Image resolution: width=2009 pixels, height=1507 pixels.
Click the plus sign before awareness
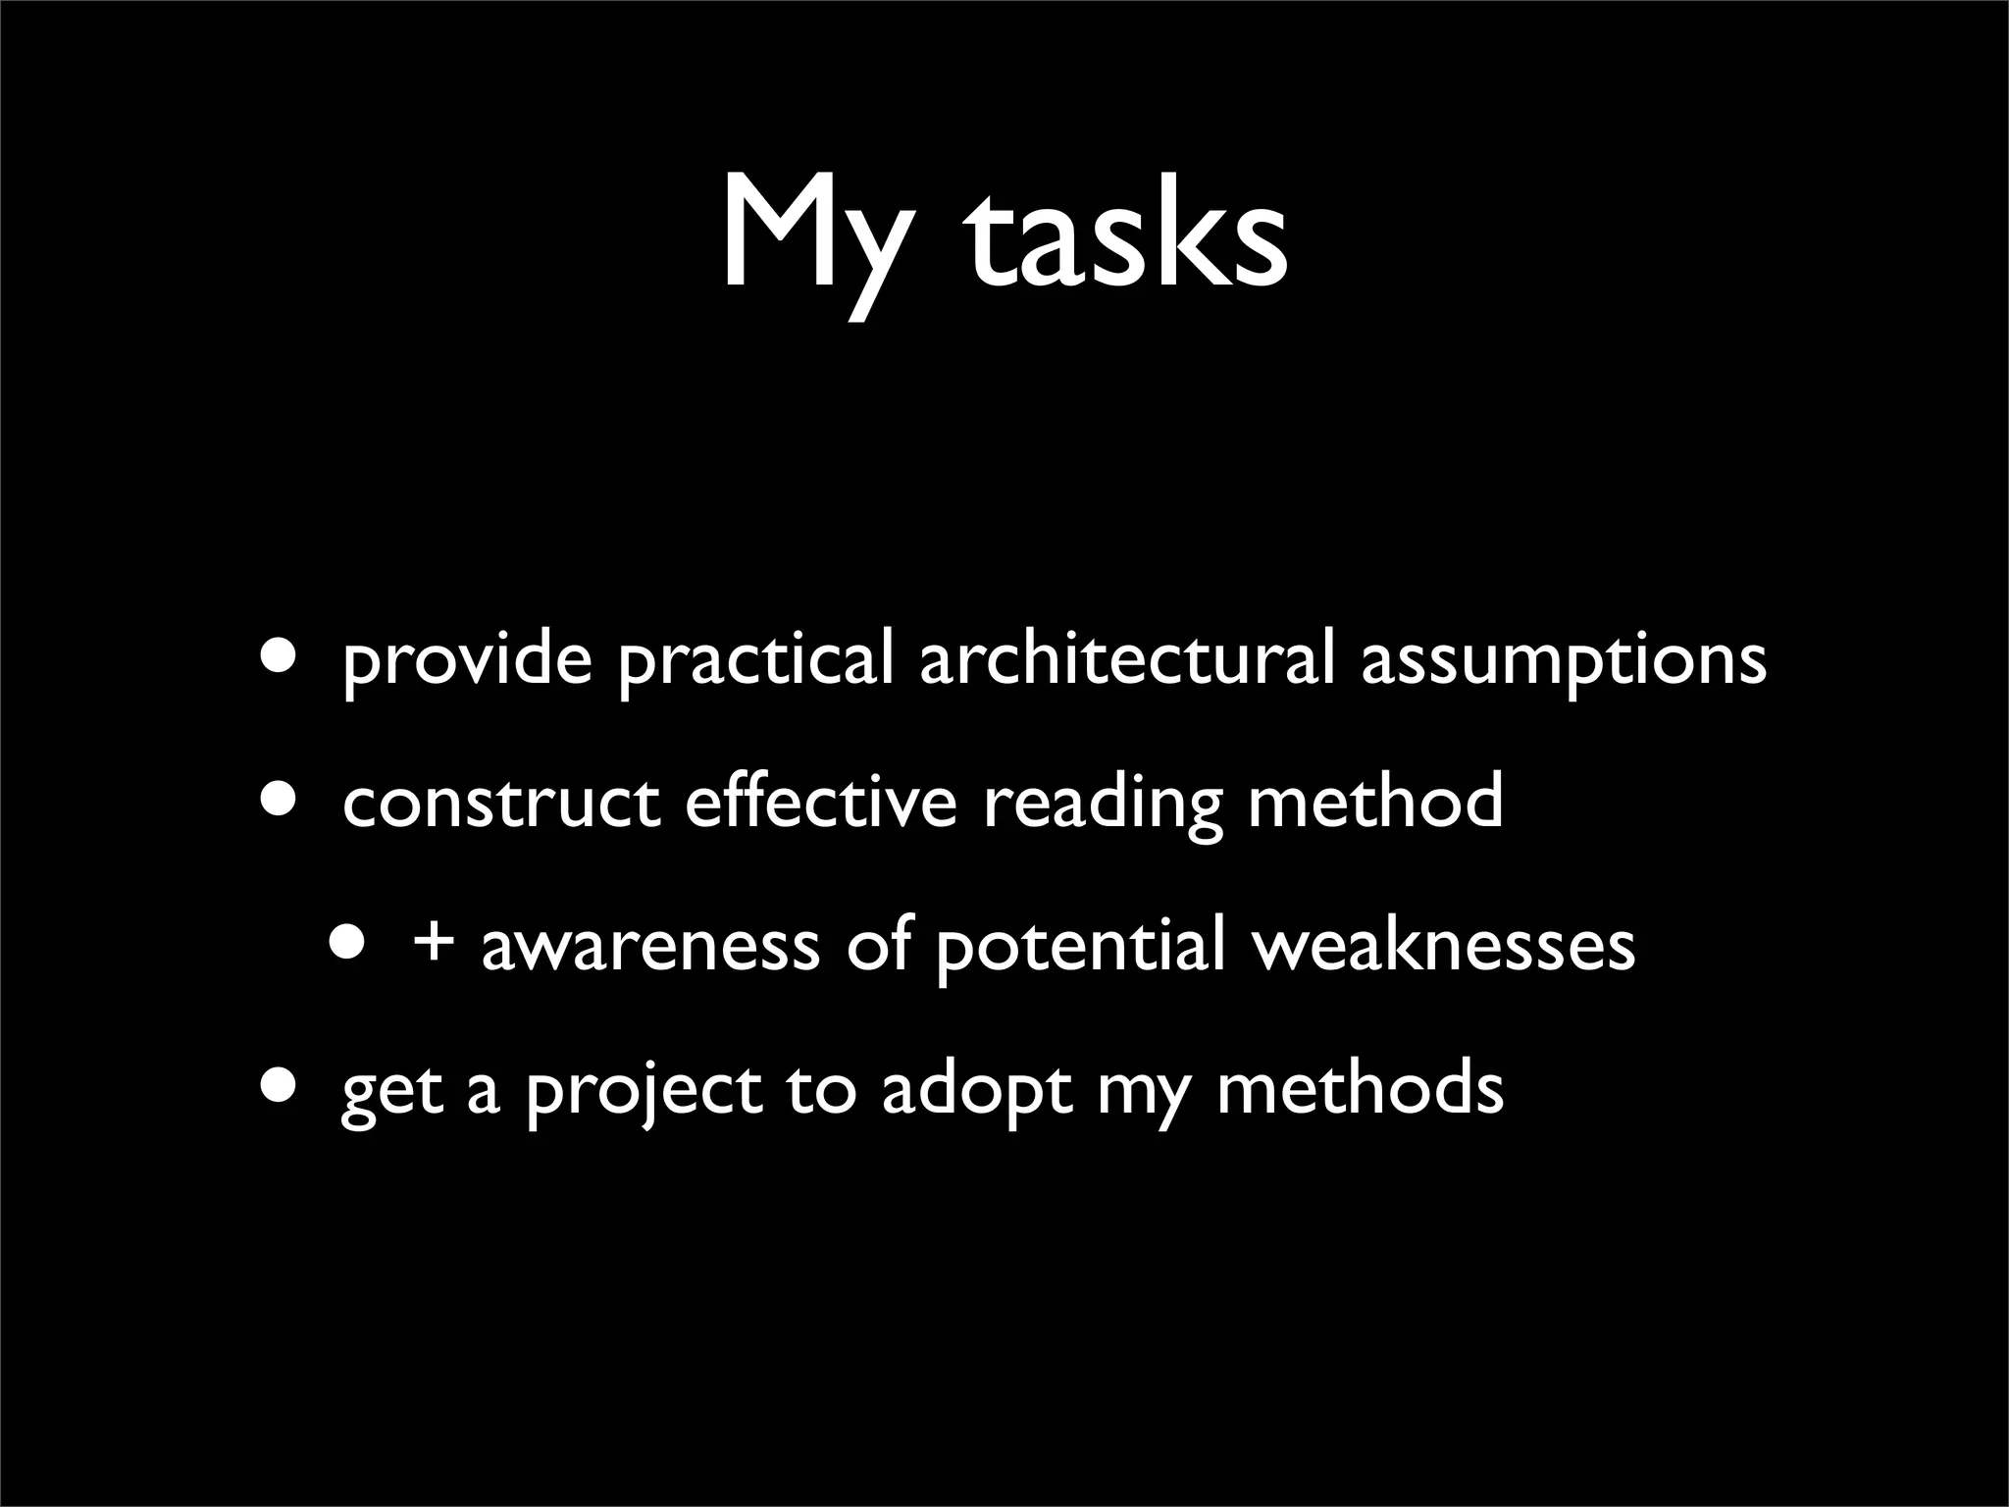tap(434, 945)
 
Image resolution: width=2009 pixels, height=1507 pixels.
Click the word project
tap(644, 1091)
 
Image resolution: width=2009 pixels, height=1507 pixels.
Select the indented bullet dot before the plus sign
tap(350, 939)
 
